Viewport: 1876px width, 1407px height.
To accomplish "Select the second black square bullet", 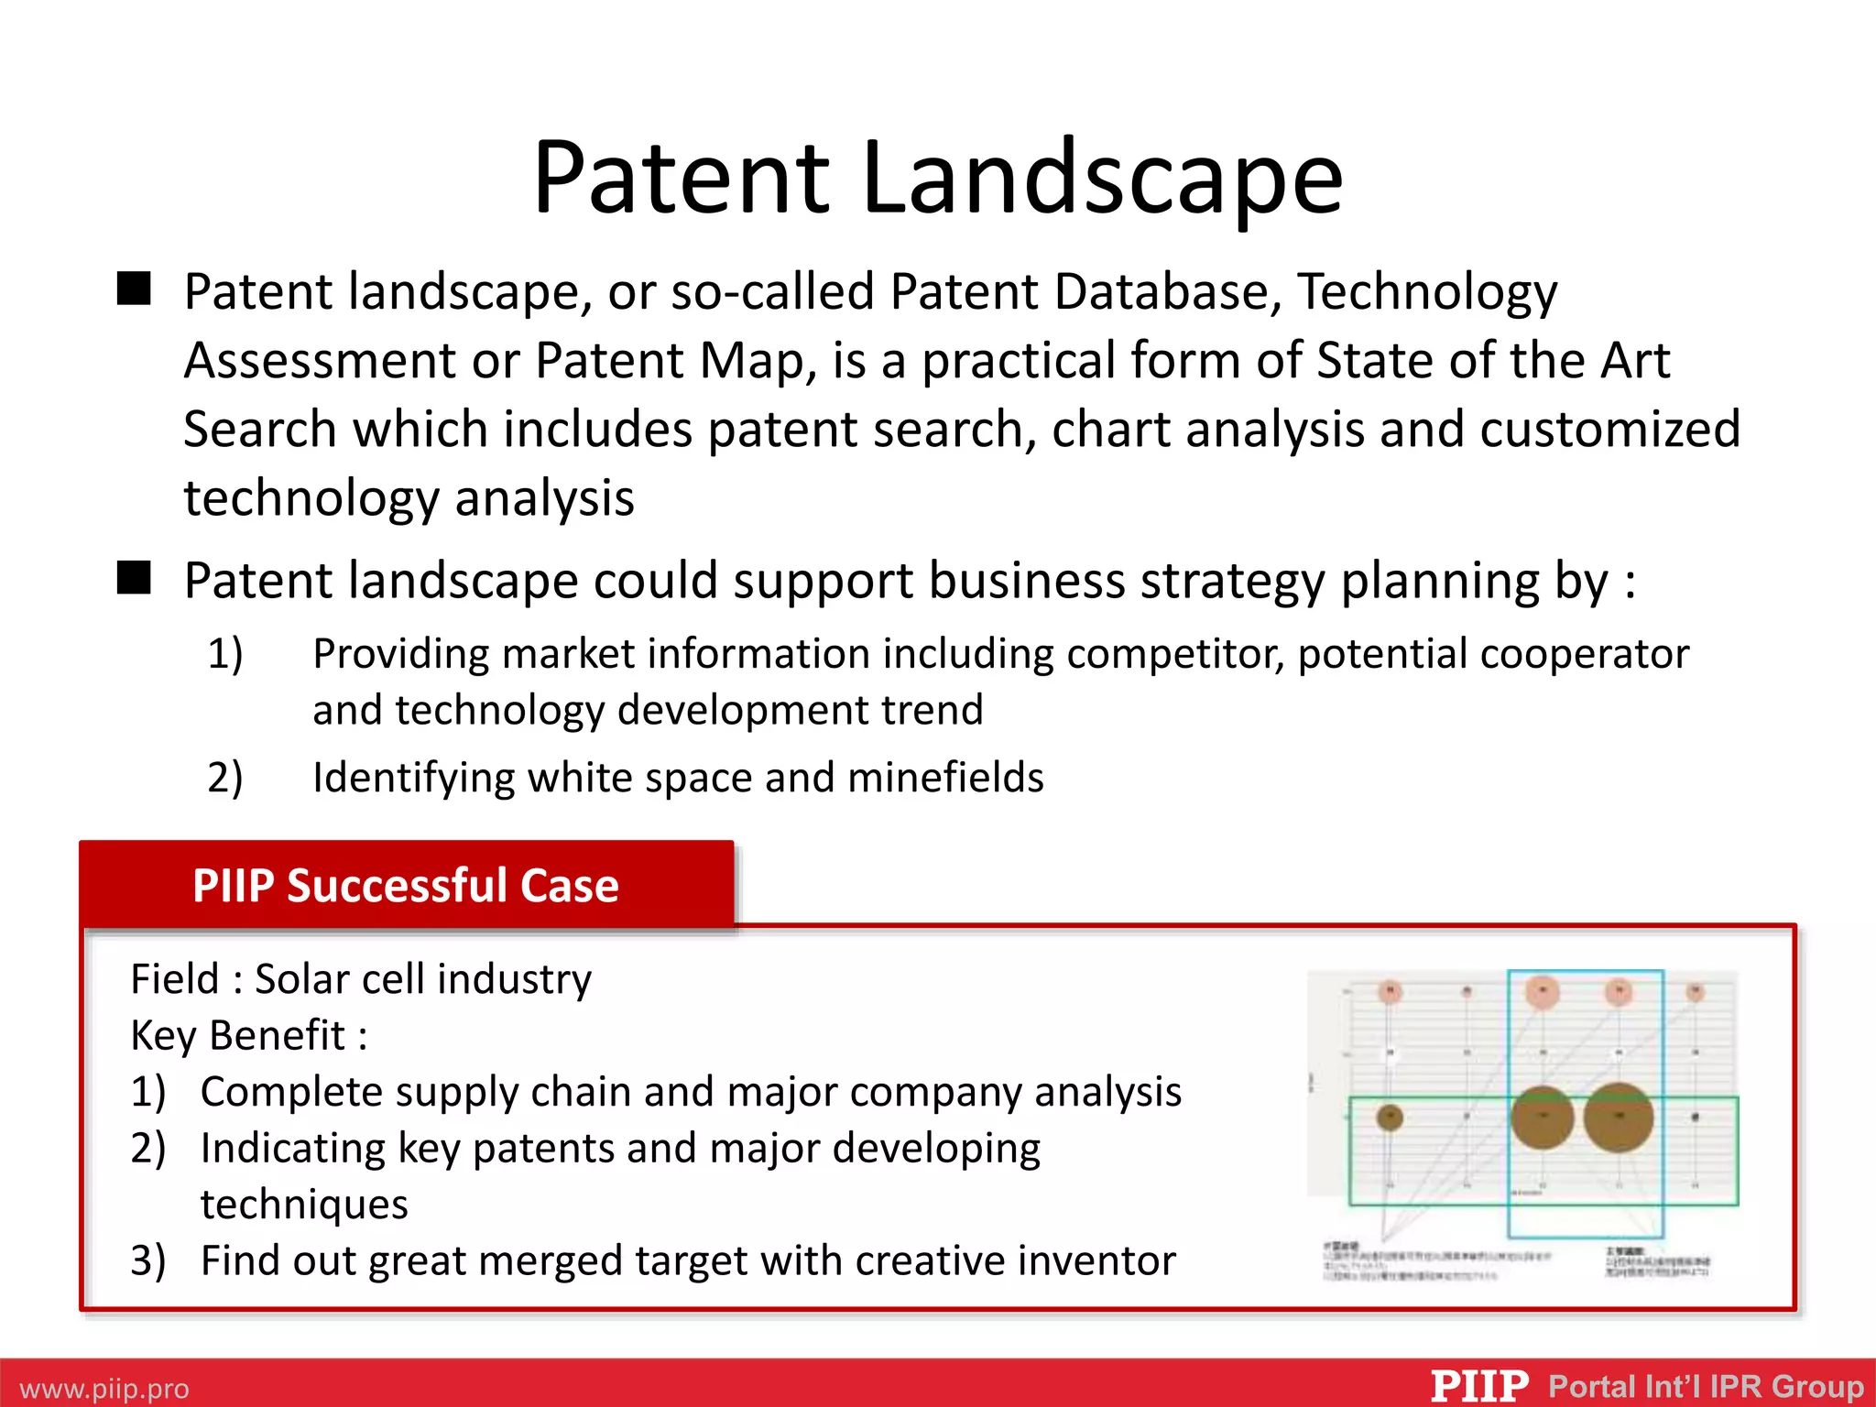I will click(x=134, y=578).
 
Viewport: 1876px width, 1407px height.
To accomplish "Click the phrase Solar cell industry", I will click(x=423, y=979).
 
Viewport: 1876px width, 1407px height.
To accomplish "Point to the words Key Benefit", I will click(x=238, y=1036).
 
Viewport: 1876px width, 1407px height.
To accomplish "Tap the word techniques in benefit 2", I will click(x=304, y=1205).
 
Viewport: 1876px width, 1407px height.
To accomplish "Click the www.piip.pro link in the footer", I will click(x=104, y=1389).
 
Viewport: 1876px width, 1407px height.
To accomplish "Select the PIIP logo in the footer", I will click(x=1479, y=1386).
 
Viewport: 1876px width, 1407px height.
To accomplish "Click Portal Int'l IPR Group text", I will click(x=1706, y=1386).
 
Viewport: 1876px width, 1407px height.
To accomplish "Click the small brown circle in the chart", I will click(x=1390, y=1118).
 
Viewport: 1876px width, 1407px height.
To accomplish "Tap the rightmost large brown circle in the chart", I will click(x=1619, y=1118).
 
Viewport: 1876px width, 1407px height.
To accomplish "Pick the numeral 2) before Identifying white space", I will click(x=225, y=778).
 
